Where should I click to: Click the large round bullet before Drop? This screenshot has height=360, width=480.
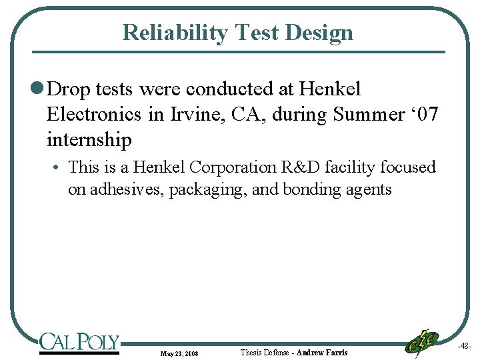[39, 89]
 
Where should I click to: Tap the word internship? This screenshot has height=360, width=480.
[89, 139]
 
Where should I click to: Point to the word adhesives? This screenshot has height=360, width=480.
[125, 189]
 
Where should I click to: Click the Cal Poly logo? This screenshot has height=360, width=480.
[79, 343]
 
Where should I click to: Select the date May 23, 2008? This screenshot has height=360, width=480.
[179, 353]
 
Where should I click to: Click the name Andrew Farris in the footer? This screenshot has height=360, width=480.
[322, 352]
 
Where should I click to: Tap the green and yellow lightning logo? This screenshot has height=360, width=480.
[422, 342]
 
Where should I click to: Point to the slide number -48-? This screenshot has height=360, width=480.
[465, 347]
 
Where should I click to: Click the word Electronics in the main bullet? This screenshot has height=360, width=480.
[94, 114]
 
